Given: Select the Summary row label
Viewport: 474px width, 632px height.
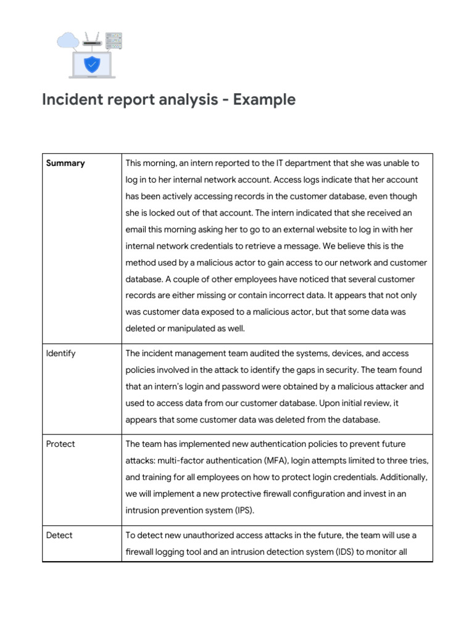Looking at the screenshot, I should click(x=65, y=164).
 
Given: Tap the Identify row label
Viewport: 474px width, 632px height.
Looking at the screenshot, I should click(x=61, y=354).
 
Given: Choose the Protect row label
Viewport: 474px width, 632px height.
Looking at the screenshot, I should click(x=61, y=444).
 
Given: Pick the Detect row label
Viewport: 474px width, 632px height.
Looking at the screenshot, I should click(x=59, y=535).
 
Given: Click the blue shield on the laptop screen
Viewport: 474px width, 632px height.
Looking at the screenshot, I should click(x=92, y=63).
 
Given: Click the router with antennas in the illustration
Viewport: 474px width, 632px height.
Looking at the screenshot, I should click(x=92, y=41).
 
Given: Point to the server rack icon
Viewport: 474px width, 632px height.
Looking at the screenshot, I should click(x=114, y=41).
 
